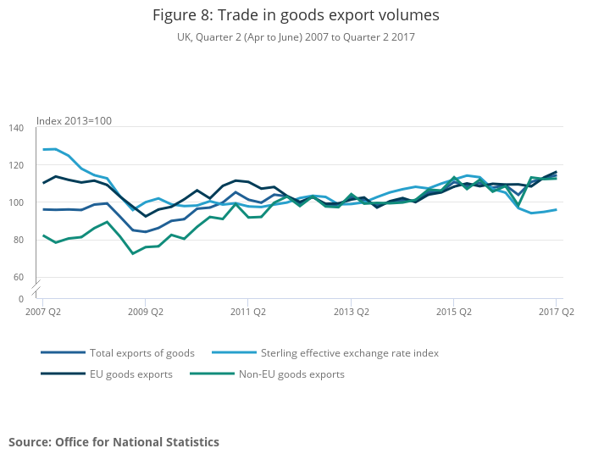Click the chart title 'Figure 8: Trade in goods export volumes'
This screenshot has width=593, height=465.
(296, 16)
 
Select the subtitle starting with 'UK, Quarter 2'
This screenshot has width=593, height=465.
(296, 37)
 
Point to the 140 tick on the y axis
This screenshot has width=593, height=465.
(16, 128)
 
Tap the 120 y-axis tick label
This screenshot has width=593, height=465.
(16, 165)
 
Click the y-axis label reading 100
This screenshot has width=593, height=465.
(16, 202)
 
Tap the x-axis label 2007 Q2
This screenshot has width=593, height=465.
(43, 312)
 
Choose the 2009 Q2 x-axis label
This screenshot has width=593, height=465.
(146, 312)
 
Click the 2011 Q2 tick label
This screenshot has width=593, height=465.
(248, 312)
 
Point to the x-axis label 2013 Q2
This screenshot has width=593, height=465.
(351, 312)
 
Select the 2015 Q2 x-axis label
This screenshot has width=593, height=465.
(453, 312)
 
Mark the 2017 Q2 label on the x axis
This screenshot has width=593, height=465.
(556, 312)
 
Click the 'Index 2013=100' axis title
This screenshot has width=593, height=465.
(74, 121)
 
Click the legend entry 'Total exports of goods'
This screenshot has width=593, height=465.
(143, 353)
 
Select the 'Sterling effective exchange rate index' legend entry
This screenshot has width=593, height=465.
(349, 353)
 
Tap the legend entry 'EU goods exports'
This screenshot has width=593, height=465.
(131, 374)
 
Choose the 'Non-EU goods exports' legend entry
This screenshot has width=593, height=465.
(291, 374)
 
